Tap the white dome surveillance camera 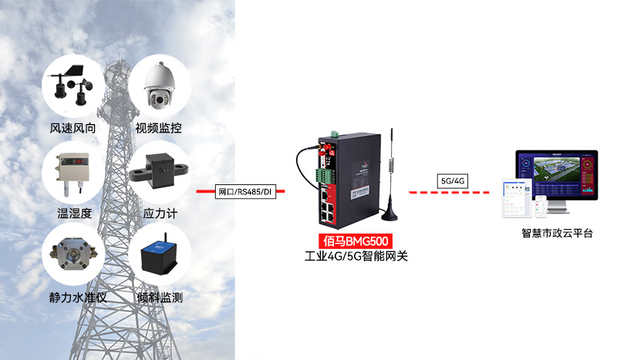tap(159, 86)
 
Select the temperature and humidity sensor tap(72, 173)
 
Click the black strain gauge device tap(159, 168)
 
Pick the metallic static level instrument tap(73, 254)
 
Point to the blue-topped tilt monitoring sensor tap(160, 255)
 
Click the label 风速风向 tap(72, 128)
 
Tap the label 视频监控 tap(159, 128)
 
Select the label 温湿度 tap(74, 214)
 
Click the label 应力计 tap(160, 214)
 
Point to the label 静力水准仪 tap(78, 298)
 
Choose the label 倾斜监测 tap(160, 298)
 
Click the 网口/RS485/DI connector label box tap(245, 192)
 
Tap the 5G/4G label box tap(453, 181)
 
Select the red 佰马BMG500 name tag tap(356, 241)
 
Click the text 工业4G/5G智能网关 tap(356, 256)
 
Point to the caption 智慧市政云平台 tap(557, 234)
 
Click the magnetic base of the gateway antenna tap(389, 214)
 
